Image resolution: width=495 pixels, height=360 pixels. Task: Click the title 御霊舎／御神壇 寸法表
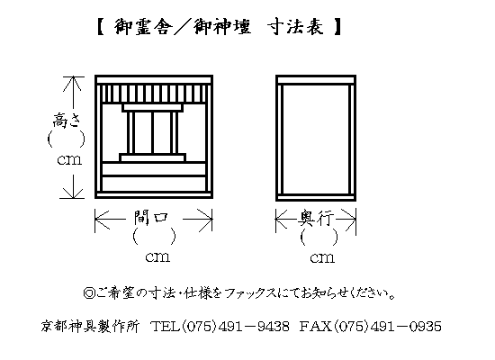[x=219, y=26]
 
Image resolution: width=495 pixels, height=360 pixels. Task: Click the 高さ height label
[x=67, y=120]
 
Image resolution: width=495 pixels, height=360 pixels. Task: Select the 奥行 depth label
[x=316, y=218]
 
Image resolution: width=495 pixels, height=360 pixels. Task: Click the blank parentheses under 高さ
[x=67, y=139]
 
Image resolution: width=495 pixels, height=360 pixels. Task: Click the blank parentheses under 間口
[x=155, y=236]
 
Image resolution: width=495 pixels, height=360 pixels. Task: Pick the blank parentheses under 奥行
[x=319, y=238]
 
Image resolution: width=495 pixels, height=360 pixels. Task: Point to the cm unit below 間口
[x=157, y=257]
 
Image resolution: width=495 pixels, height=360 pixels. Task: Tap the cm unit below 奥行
[x=322, y=258]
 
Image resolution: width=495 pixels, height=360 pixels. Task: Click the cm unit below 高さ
[x=69, y=160]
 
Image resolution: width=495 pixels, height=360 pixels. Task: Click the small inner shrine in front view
[x=152, y=132]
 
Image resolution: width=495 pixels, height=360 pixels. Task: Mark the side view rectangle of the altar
[x=316, y=138]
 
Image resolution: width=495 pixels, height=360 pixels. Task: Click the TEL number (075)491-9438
[x=220, y=326]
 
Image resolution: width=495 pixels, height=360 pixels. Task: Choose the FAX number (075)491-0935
[x=370, y=326]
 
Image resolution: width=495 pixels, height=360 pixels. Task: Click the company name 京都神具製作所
[x=90, y=326]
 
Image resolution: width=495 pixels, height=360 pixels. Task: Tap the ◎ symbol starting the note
[x=89, y=293]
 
